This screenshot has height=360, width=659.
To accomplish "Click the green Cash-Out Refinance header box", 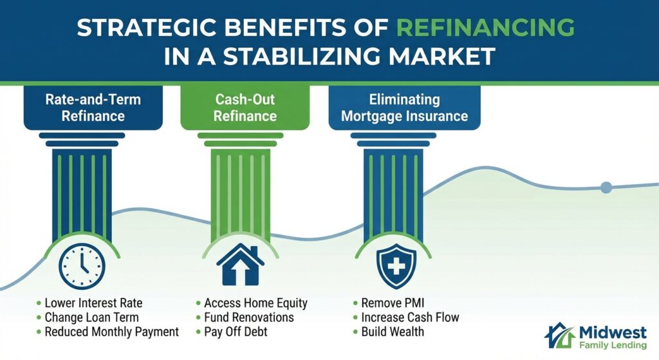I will coord(245,108).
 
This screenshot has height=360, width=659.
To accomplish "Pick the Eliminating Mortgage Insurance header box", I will coord(404,108).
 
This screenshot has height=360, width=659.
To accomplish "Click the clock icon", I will coord(82,263).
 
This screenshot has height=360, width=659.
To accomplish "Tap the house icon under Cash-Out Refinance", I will coord(240,264).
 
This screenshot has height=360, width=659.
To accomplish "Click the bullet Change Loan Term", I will coord(91,317).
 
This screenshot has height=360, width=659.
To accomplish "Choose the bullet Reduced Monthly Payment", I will coord(111,332).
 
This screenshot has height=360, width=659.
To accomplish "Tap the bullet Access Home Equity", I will coord(255,303).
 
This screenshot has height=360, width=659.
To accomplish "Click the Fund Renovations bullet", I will coord(249,317).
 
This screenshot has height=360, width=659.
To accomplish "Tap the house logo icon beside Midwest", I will coord(558,336).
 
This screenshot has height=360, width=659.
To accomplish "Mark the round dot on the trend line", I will coord(606,187).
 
